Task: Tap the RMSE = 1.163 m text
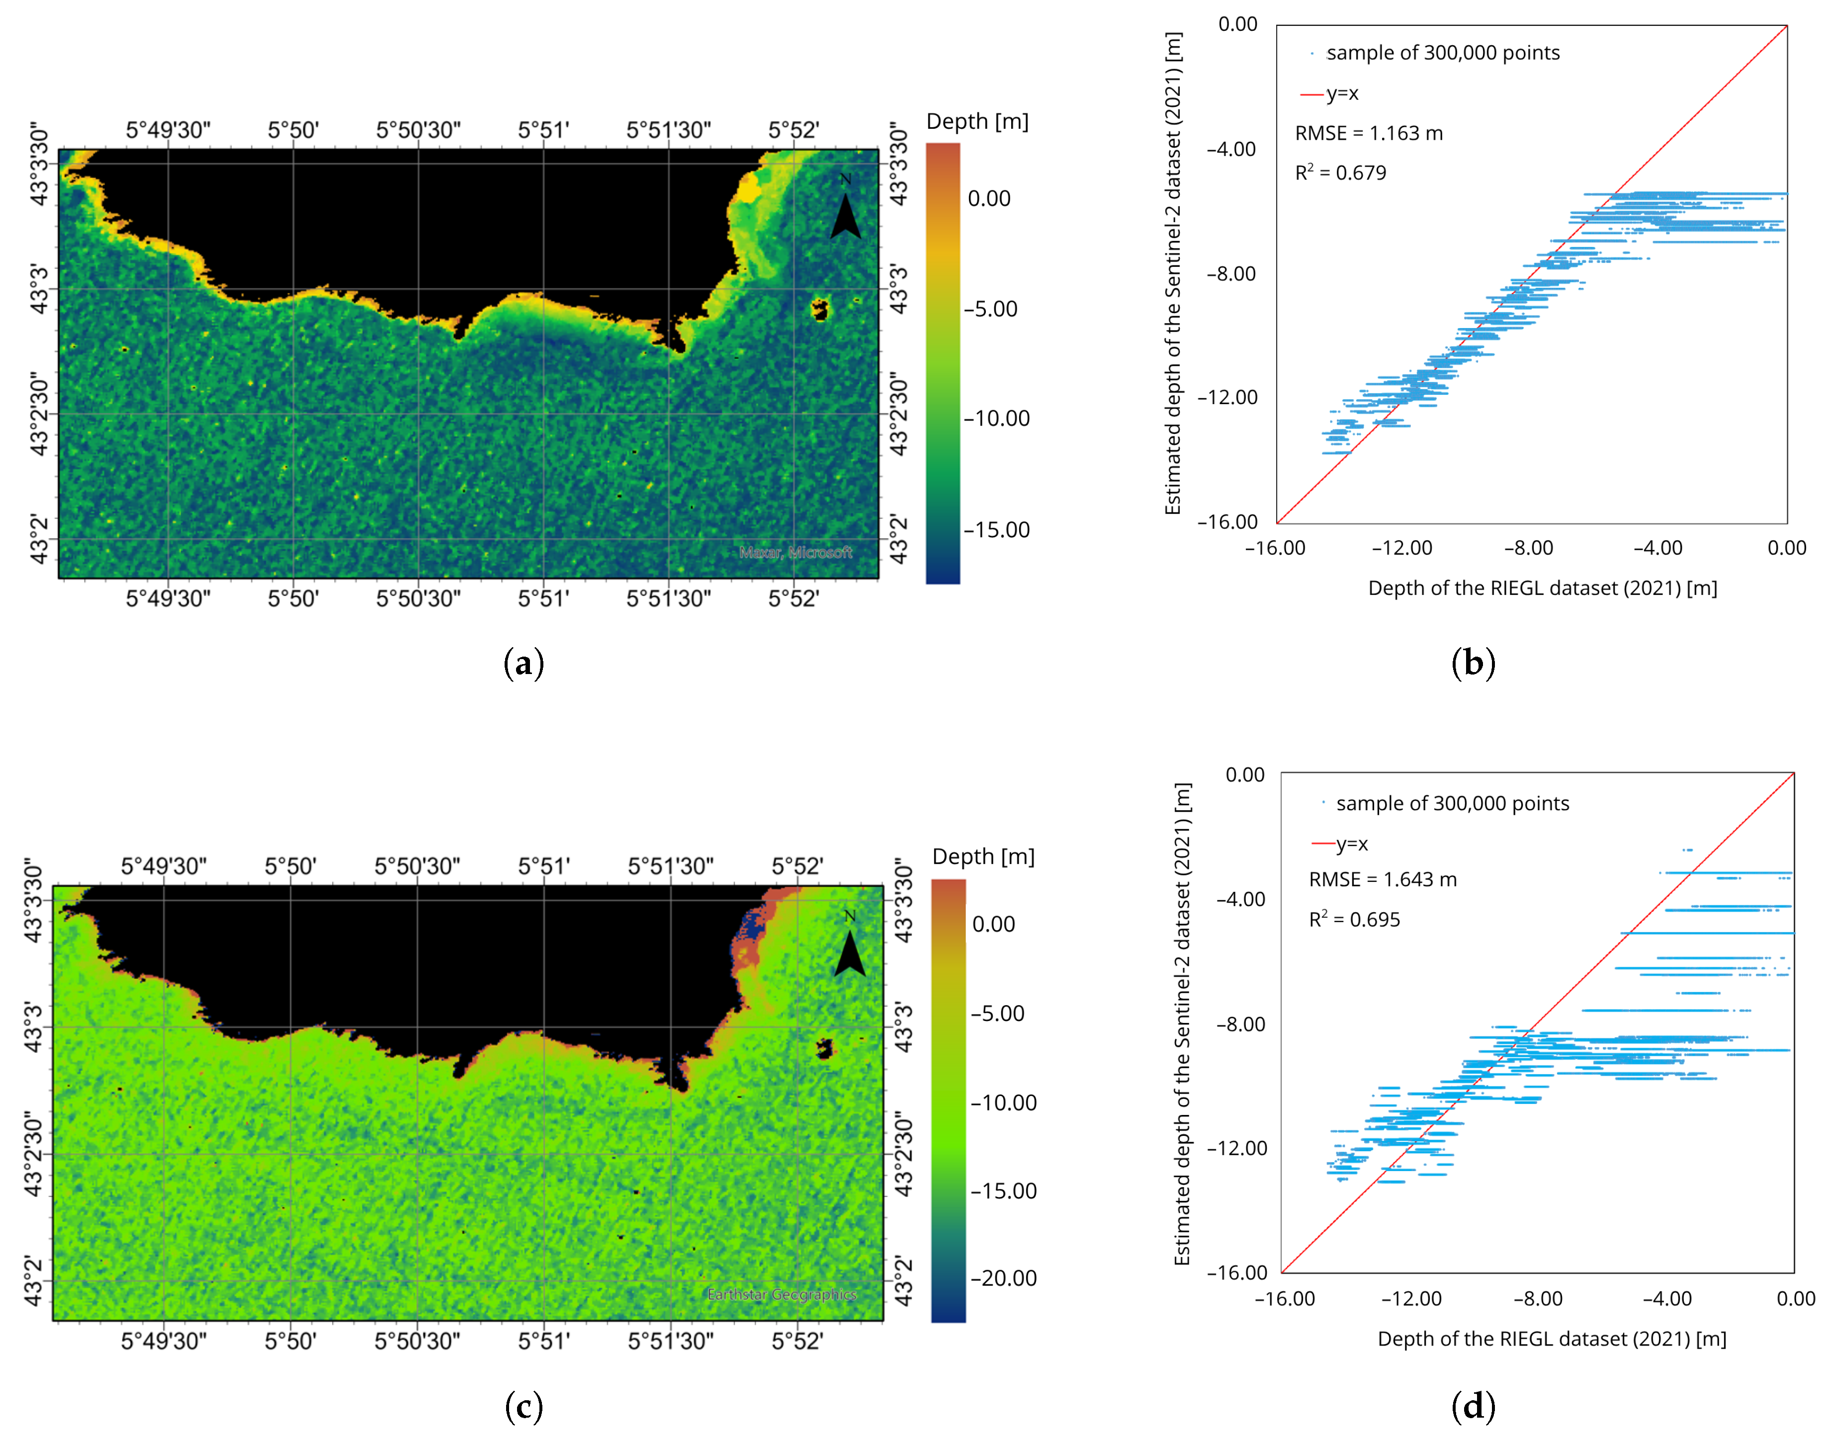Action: click(1369, 134)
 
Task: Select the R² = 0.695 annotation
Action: click(1354, 919)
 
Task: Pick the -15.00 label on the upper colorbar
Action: click(997, 530)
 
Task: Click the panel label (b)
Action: click(1473, 663)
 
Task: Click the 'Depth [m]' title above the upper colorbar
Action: click(977, 122)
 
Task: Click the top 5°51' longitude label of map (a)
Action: click(543, 130)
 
